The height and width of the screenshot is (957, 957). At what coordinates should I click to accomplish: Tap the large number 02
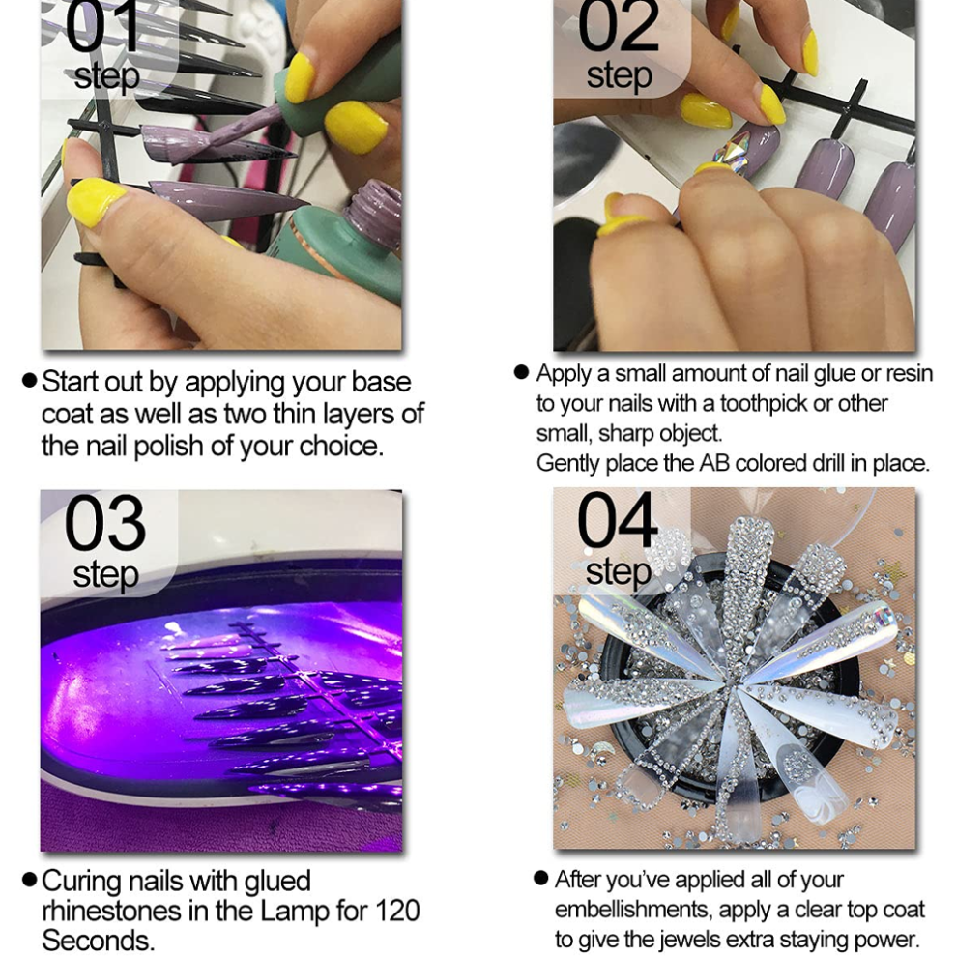coord(618,26)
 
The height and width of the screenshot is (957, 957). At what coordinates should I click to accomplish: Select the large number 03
coord(105,524)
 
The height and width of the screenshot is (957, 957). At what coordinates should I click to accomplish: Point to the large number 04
coord(618,521)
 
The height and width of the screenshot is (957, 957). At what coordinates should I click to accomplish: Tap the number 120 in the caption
coord(396,911)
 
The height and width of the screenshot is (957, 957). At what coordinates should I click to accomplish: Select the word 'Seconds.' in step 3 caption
coord(98,940)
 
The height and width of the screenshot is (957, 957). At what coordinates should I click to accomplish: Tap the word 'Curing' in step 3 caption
coord(82,882)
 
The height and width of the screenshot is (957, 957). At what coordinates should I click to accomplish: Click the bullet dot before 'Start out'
coord(29,381)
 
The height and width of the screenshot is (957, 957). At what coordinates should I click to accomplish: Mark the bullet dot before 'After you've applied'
coord(540,879)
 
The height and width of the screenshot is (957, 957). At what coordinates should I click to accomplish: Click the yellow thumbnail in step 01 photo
coord(95,202)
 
